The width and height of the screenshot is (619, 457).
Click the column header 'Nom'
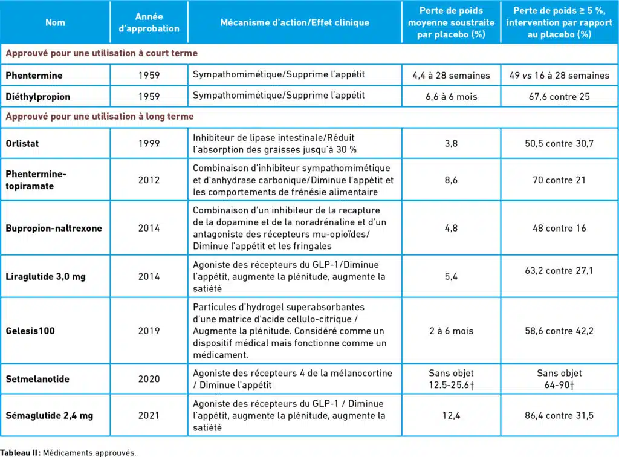(55, 22)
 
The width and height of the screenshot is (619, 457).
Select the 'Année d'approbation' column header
(149, 22)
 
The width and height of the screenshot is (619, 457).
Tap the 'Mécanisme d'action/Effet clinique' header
(294, 22)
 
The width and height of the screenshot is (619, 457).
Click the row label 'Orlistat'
(24, 144)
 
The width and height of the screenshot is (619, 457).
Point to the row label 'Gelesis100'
(29, 331)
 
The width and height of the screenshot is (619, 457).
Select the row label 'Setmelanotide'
(37, 379)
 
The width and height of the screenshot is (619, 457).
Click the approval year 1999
(149, 144)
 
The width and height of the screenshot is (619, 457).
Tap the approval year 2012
(149, 180)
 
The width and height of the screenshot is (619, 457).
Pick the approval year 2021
(149, 415)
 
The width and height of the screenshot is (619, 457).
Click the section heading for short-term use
(102, 53)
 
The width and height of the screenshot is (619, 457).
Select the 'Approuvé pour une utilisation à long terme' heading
(100, 117)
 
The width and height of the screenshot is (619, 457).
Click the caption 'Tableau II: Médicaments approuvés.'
(68, 452)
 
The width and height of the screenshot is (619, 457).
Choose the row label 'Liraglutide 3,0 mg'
(45, 276)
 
